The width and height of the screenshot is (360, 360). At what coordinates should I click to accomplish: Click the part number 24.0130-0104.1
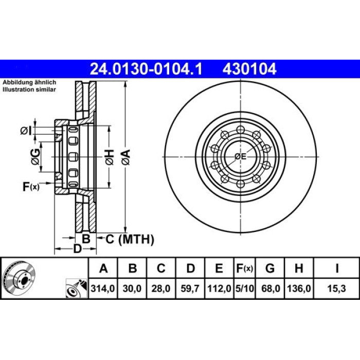pos(146,69)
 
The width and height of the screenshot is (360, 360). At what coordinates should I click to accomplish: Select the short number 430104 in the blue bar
pos(249,69)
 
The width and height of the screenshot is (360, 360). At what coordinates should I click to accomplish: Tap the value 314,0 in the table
pos(103,289)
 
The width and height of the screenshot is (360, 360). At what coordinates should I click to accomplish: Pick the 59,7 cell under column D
pos(190,289)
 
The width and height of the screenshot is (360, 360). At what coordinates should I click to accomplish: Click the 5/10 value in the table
pos(245,289)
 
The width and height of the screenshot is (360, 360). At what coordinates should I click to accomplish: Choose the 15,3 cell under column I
pos(336,289)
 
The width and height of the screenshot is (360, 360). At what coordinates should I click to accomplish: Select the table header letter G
pos(270,268)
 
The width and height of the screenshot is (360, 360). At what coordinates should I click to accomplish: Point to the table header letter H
pos(299,268)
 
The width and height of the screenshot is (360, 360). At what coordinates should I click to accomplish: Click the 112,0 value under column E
pos(219,289)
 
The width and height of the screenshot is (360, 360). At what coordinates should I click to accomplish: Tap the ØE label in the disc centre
pos(240,156)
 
